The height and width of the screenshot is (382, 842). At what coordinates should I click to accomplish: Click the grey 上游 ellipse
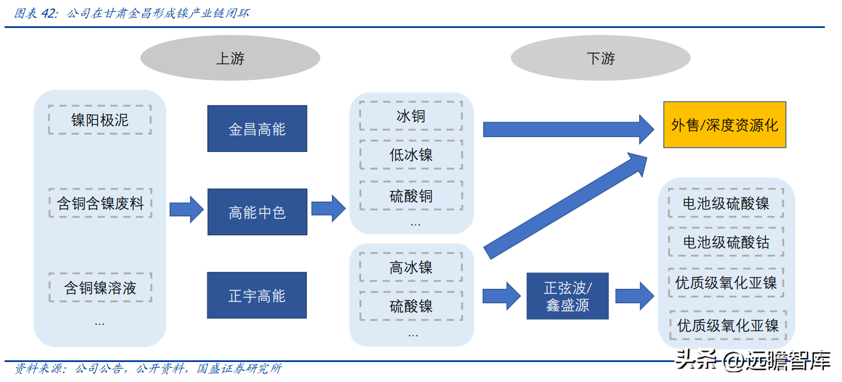[x=230, y=58]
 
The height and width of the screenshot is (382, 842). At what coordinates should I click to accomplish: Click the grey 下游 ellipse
[x=600, y=58]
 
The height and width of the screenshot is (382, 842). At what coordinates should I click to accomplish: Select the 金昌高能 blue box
[x=257, y=128]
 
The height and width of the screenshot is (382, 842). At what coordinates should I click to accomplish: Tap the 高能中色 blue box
[x=257, y=212]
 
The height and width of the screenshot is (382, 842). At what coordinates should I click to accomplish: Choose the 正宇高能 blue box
[x=257, y=295]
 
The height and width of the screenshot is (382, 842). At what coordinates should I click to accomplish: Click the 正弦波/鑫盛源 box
[x=567, y=296]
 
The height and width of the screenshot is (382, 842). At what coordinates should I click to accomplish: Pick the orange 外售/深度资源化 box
[x=724, y=124]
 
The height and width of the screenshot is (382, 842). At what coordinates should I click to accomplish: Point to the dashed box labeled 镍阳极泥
[x=100, y=120]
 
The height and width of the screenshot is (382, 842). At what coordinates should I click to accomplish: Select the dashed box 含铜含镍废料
[x=100, y=203]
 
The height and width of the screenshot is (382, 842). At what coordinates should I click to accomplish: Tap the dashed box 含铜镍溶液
[x=100, y=287]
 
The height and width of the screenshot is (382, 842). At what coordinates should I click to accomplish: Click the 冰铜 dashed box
[x=411, y=116]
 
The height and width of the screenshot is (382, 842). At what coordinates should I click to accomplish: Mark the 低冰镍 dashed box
[x=411, y=155]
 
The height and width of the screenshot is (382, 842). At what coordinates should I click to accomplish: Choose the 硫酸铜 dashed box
[x=411, y=196]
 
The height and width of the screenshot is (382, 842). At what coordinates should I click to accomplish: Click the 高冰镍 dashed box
[x=411, y=267]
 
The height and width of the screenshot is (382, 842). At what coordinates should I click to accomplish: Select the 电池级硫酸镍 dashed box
[x=725, y=203]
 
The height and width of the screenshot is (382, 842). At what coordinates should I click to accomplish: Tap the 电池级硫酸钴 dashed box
[x=725, y=242]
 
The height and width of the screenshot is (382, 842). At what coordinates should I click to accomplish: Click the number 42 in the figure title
[x=49, y=13]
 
